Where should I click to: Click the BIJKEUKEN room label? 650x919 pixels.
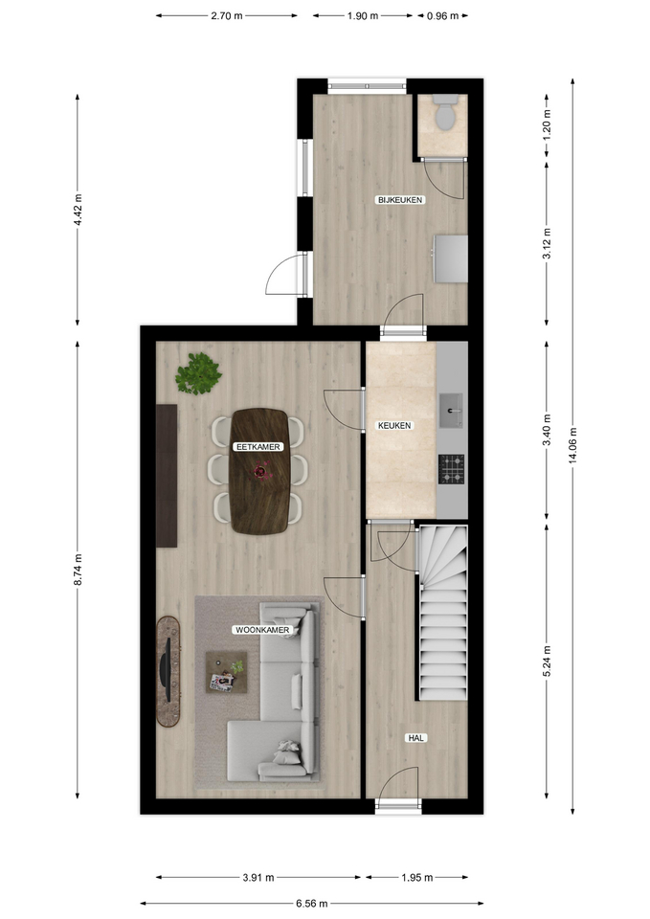(400, 200)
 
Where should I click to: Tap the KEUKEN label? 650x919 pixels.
(394, 425)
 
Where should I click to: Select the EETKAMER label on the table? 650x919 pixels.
(258, 447)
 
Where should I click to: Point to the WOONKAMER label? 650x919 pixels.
(262, 630)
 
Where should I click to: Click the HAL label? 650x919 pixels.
(415, 738)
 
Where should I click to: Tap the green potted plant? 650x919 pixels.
(199, 374)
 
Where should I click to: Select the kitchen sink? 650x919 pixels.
(451, 411)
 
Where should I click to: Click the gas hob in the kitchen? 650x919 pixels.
(451, 469)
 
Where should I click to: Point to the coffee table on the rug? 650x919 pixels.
(226, 672)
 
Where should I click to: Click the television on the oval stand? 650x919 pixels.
(167, 669)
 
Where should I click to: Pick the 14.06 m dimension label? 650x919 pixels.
(572, 445)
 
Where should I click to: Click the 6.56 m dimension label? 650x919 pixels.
(311, 903)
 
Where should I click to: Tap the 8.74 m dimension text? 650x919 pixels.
(78, 569)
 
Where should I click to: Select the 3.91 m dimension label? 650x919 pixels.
(258, 878)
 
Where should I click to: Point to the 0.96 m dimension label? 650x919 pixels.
(442, 16)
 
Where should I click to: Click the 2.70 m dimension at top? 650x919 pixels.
(227, 16)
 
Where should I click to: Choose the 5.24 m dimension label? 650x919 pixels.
(547, 661)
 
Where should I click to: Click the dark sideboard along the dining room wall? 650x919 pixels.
(167, 476)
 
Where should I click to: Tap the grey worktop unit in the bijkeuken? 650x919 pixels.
(450, 258)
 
